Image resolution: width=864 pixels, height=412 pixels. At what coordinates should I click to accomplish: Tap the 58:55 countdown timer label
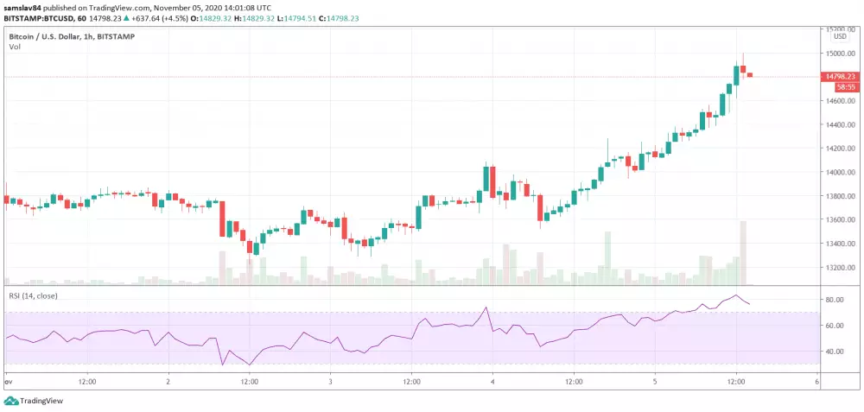click(x=845, y=87)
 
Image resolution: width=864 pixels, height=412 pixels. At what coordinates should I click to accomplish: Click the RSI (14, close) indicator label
click(x=32, y=295)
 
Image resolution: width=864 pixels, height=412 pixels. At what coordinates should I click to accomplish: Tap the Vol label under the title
click(x=14, y=47)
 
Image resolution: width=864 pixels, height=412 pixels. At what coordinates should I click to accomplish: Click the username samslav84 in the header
click(x=24, y=7)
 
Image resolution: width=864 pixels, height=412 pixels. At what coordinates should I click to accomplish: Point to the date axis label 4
click(x=492, y=380)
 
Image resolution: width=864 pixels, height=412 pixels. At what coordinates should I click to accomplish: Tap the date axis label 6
click(x=816, y=380)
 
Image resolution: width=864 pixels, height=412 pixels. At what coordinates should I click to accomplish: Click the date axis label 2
click(x=168, y=380)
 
